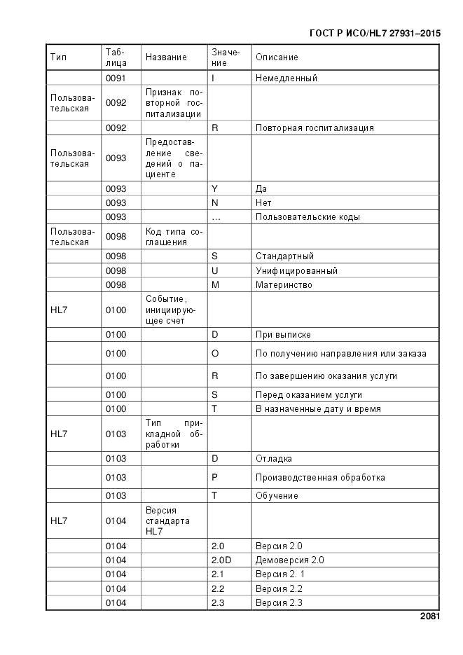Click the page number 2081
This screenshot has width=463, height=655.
pos(430,616)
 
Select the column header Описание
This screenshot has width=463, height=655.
pos(277,57)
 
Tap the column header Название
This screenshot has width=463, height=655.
pos(166,57)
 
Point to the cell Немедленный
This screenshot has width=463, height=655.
pos(286,78)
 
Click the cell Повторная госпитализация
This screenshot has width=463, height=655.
pos(315,128)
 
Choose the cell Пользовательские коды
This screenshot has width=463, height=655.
pos(307,217)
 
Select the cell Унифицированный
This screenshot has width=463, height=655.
pos(296,270)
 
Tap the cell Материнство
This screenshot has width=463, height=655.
pos(284,285)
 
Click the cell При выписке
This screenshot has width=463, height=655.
pos(283,335)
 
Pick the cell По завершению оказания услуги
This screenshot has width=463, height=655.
pos(326,376)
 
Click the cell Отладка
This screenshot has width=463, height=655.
pos(273,459)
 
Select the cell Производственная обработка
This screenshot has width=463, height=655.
pos(319,478)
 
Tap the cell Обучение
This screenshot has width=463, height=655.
pos(277,496)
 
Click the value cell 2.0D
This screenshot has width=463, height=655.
pos(221,560)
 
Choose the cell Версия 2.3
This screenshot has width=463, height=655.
pos(279,603)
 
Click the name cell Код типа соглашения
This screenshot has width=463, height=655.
pos(174,237)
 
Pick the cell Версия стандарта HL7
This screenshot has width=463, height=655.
pos(167,521)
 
